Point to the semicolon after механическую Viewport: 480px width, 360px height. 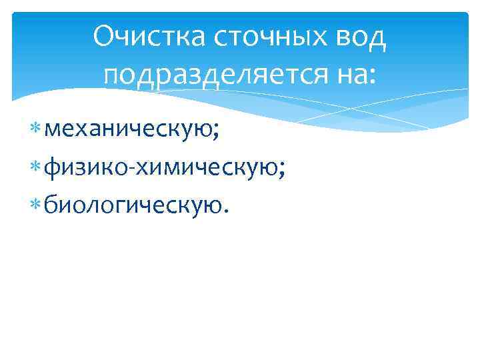point(215,131)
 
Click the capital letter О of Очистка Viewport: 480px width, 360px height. point(105,39)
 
